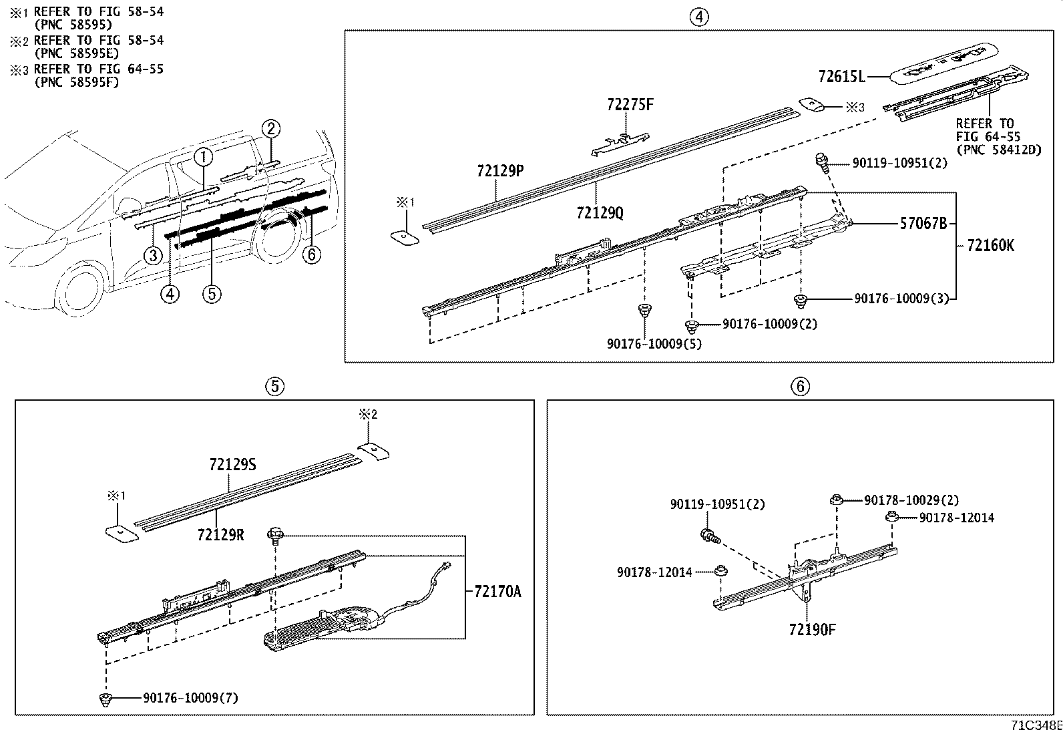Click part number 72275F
tap(630, 105)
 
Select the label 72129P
tap(499, 171)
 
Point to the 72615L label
tap(841, 77)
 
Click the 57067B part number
tap(923, 224)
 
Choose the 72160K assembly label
tap(990, 246)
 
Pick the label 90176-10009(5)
tap(654, 343)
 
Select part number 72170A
tap(497, 592)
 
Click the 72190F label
tap(811, 629)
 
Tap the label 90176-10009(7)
tap(190, 698)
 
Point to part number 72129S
tap(232, 464)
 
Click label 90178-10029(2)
tap(911, 500)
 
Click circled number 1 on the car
tap(204, 158)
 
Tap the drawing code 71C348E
tap(1035, 726)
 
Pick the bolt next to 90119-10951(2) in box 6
tap(709, 535)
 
